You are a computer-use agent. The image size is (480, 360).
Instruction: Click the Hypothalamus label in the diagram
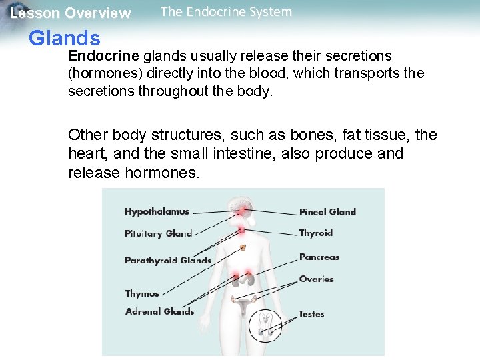click(x=157, y=212)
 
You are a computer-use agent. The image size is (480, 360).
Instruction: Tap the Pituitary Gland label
click(x=158, y=233)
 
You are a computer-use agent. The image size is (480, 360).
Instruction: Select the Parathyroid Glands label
click(x=167, y=261)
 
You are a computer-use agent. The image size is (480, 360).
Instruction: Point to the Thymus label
click(x=142, y=294)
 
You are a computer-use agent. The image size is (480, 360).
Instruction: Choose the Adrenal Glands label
click(x=159, y=311)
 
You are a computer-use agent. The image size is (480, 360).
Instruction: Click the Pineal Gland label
click(x=327, y=212)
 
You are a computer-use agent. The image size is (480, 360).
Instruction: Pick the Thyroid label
click(x=315, y=233)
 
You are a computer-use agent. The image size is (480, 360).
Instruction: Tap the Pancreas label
click(x=319, y=257)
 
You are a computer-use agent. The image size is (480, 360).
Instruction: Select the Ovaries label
click(x=316, y=279)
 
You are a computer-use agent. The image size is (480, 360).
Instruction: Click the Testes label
click(x=311, y=314)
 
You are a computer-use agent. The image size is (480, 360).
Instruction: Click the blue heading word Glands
click(x=65, y=39)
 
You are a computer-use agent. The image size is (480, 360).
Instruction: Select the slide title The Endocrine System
click(x=226, y=12)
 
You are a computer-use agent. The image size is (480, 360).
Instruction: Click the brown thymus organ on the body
click(x=243, y=247)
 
